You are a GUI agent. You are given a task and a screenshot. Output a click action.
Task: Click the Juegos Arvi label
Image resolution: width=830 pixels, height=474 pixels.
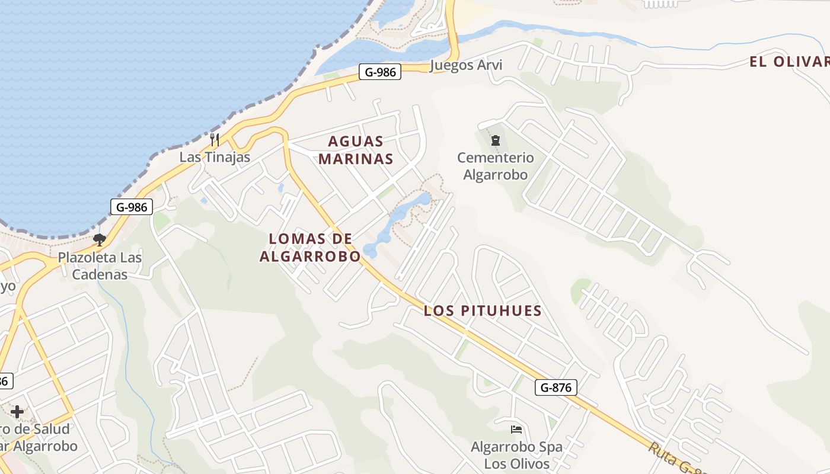(466, 65)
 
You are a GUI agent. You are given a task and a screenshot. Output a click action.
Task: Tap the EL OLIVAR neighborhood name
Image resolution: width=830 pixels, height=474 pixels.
(788, 62)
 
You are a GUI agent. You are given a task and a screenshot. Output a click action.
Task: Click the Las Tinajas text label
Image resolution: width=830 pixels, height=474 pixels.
(215, 157)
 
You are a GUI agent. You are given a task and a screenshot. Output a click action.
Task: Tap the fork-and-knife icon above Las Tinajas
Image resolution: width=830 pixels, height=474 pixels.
(215, 140)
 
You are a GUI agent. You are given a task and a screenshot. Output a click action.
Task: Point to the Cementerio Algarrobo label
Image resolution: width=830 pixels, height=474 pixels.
(495, 166)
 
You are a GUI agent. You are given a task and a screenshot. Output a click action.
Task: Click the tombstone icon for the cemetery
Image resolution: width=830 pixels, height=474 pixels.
(495, 140)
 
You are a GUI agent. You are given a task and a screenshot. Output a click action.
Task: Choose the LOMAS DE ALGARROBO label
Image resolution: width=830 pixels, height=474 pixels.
(309, 247)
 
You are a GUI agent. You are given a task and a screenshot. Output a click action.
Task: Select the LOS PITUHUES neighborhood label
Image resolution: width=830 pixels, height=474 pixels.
(483, 310)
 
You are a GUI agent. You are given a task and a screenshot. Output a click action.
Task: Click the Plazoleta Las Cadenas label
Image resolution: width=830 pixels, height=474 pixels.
(100, 266)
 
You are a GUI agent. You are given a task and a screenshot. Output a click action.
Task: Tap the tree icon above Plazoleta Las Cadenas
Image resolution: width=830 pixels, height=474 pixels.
(100, 239)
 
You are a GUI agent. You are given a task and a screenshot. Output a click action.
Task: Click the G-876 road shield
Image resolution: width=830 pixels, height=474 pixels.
(556, 387)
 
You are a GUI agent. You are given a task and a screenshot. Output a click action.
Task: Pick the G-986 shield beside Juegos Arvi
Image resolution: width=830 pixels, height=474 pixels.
(380, 72)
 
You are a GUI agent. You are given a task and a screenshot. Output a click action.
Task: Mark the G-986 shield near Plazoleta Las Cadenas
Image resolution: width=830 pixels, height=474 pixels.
(132, 207)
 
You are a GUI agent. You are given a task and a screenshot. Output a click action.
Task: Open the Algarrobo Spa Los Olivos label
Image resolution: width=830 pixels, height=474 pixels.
(516, 454)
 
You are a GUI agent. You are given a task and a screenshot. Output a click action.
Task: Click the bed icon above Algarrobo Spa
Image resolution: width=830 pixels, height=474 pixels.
(516, 429)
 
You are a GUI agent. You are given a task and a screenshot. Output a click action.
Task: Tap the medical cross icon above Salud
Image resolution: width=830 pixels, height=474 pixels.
(17, 411)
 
